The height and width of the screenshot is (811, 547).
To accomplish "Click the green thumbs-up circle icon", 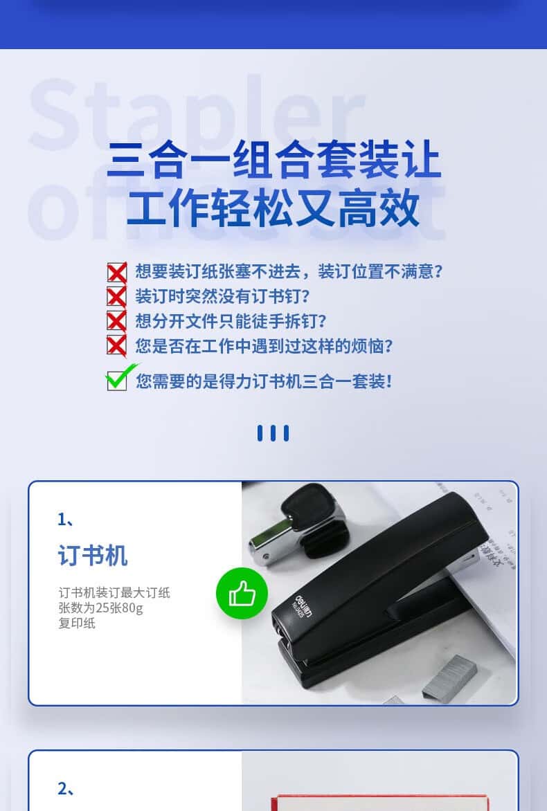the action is coord(242,593).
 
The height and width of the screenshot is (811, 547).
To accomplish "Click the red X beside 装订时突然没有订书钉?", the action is coord(117,296).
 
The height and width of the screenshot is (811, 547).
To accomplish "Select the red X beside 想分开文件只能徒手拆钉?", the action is coord(117,320).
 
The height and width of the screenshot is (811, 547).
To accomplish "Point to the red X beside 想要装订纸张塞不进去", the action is coord(117,272).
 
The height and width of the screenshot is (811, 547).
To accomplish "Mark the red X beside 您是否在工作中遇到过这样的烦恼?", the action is coord(117,345).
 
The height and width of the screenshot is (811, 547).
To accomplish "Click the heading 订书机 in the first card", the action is coord(93,556).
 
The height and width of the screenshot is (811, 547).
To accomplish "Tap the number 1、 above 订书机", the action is coord(66,519).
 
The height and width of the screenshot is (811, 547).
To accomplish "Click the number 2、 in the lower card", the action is coord(66,789).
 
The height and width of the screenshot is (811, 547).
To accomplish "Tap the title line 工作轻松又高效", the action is coord(273,208).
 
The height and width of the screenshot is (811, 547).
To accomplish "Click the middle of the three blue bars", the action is coord(273,433).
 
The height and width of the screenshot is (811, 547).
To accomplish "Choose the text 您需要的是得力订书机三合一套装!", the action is coord(264,382).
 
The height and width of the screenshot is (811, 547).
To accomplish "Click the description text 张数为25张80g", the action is coord(100,608).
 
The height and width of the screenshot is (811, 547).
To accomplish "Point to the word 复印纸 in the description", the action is coord(77,623).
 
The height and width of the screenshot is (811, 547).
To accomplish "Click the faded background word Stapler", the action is coord(197,115).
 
